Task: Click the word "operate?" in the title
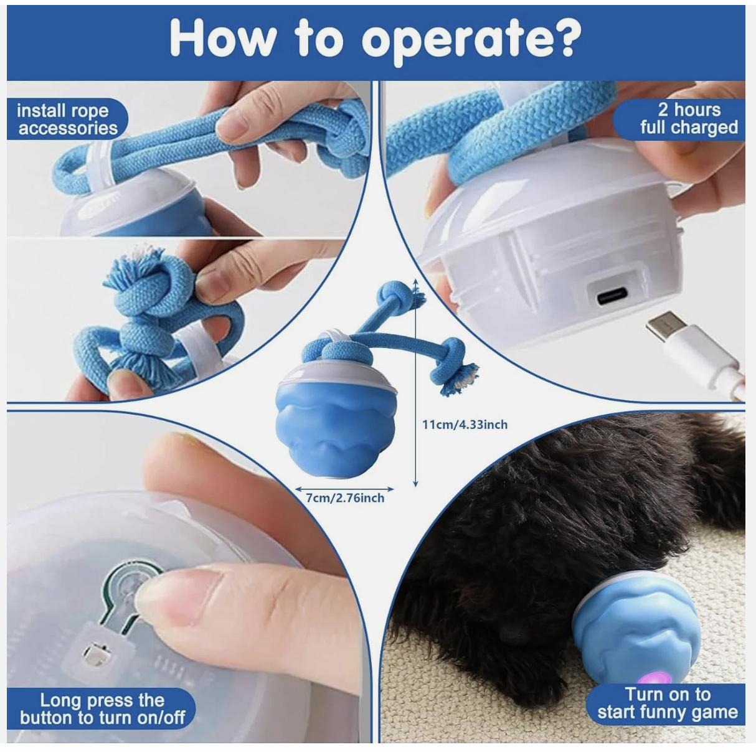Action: tap(471, 41)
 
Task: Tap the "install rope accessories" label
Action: tap(67, 120)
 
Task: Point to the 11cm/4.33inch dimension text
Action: tap(465, 425)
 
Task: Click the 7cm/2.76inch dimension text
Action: tap(345, 498)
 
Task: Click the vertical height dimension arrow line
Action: tap(415, 382)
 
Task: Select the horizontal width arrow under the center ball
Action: tap(344, 489)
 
